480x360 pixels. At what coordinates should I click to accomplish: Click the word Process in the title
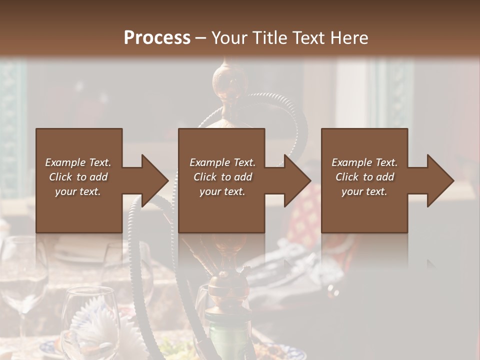tap(157, 38)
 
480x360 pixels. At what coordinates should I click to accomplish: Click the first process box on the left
tap(79, 210)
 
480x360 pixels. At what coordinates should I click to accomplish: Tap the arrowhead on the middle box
tap(297, 180)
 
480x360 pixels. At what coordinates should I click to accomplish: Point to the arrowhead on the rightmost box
tap(440, 180)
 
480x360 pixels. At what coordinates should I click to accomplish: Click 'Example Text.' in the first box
tap(78, 162)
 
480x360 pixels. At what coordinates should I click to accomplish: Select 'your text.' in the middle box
tap(222, 191)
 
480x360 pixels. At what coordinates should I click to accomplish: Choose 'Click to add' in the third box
tap(364, 177)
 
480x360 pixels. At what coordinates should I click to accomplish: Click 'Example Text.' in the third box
tap(364, 162)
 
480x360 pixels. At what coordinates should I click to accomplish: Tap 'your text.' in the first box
tap(78, 191)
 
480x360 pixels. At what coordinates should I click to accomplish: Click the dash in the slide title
tap(200, 38)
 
